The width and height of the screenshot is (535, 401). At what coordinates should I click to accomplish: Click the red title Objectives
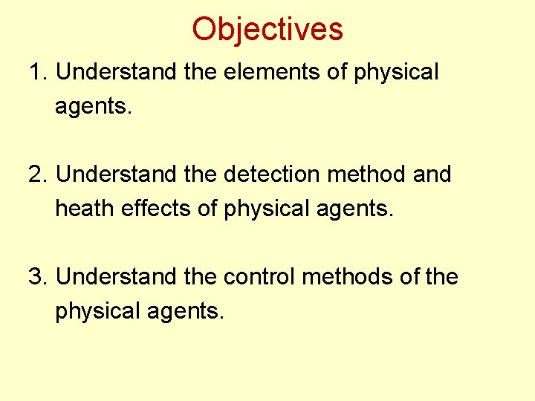[x=267, y=29]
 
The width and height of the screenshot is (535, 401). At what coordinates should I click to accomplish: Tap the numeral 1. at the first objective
[x=38, y=73]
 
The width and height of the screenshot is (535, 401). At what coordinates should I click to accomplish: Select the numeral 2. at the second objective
[x=38, y=175]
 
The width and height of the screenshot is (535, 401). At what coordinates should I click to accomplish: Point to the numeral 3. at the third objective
[x=38, y=277]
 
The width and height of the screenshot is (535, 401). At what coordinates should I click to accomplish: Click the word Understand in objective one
[x=114, y=73]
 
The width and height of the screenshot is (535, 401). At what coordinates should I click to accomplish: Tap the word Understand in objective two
[x=114, y=175]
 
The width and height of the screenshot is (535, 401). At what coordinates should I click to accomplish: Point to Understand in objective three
[x=114, y=277]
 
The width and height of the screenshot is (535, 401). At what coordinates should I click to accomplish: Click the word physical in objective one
[x=396, y=73]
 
